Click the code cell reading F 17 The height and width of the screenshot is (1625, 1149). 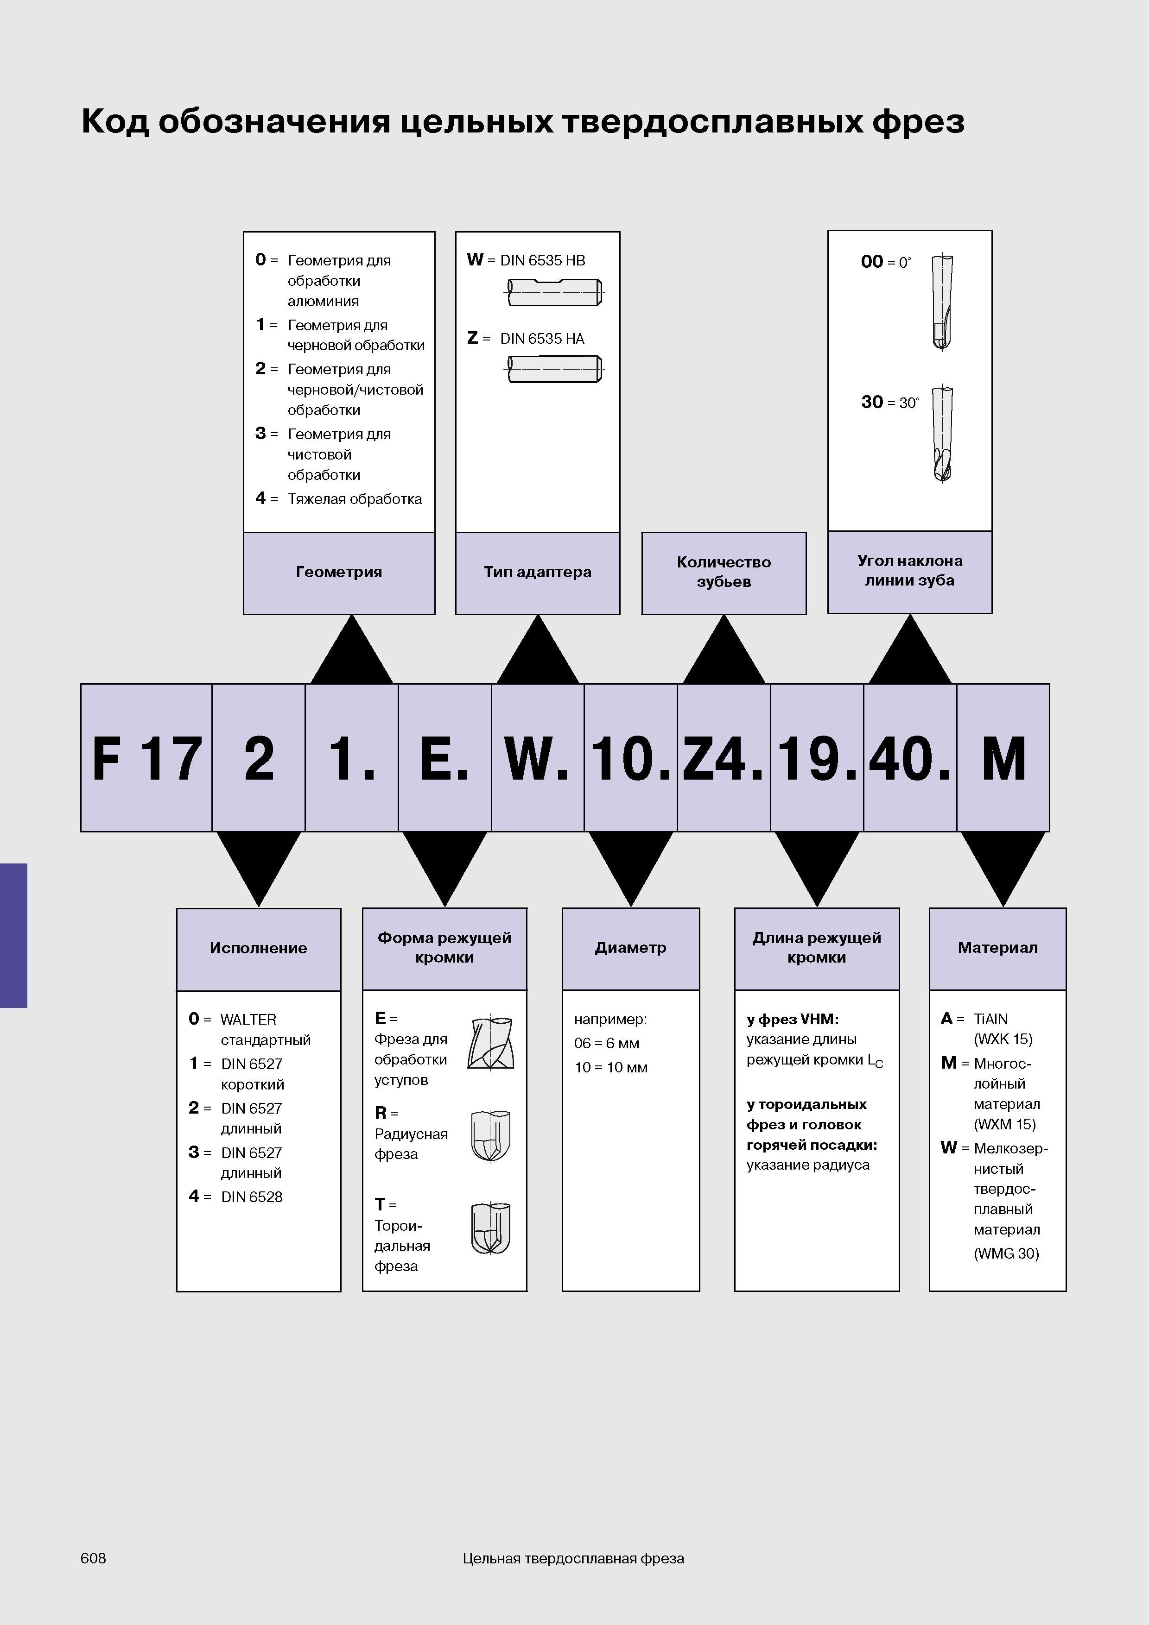click(x=146, y=757)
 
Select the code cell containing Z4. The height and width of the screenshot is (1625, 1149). click(x=724, y=757)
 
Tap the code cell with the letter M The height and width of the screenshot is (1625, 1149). click(x=1003, y=757)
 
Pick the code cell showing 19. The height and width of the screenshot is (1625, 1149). click(x=817, y=757)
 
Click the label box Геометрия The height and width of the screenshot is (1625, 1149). click(x=339, y=573)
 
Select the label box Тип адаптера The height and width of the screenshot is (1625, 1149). click(x=538, y=573)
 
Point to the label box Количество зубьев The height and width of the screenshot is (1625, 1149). click(x=724, y=573)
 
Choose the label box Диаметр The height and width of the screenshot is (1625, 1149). click(x=631, y=948)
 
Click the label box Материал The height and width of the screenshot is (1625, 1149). click(x=997, y=948)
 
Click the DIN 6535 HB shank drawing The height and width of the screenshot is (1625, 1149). click(x=555, y=292)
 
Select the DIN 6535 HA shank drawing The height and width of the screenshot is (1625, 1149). click(x=555, y=369)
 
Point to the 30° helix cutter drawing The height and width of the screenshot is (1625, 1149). click(x=942, y=434)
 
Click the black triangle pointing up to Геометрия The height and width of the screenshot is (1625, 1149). click(x=352, y=650)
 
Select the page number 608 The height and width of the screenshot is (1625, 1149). click(x=94, y=1558)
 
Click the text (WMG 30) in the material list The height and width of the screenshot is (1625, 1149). click(x=1006, y=1253)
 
